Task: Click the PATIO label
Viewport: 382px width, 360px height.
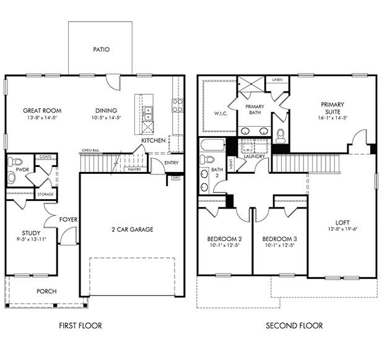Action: click(101, 49)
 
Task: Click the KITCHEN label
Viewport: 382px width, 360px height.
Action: click(153, 141)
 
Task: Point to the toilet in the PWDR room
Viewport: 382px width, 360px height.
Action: click(12, 177)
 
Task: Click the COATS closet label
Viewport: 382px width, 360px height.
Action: click(45, 157)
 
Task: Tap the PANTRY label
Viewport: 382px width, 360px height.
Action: click(134, 169)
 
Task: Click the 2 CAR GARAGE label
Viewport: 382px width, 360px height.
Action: click(132, 229)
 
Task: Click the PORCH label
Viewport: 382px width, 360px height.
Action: click(46, 291)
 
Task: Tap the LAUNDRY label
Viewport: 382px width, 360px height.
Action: click(254, 156)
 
